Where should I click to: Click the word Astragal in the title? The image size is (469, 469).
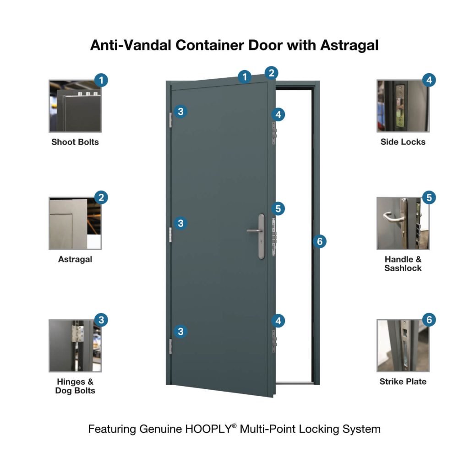click(349, 45)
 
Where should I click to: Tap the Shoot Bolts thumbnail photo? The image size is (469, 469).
click(75, 106)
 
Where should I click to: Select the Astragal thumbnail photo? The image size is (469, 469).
click(75, 224)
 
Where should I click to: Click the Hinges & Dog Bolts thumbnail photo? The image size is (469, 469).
click(75, 346)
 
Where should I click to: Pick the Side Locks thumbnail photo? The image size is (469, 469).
click(403, 106)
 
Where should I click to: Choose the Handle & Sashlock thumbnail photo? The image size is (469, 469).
click(403, 224)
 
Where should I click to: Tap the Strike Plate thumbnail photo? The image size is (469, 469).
click(403, 346)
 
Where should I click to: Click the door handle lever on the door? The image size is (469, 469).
click(253, 231)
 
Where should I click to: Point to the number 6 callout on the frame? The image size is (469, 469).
click(320, 241)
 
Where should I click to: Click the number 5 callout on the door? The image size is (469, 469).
click(278, 209)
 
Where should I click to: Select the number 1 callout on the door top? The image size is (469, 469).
click(245, 77)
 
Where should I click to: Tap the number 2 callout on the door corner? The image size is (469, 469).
click(271, 72)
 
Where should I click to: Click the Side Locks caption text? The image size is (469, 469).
click(403, 142)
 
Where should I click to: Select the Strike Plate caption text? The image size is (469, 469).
click(403, 382)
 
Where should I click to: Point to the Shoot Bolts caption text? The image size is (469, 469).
click(75, 142)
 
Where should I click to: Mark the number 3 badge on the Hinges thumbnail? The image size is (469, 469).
click(101, 320)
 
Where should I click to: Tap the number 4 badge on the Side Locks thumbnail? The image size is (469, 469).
click(429, 80)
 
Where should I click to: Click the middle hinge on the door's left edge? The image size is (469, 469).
click(170, 234)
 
